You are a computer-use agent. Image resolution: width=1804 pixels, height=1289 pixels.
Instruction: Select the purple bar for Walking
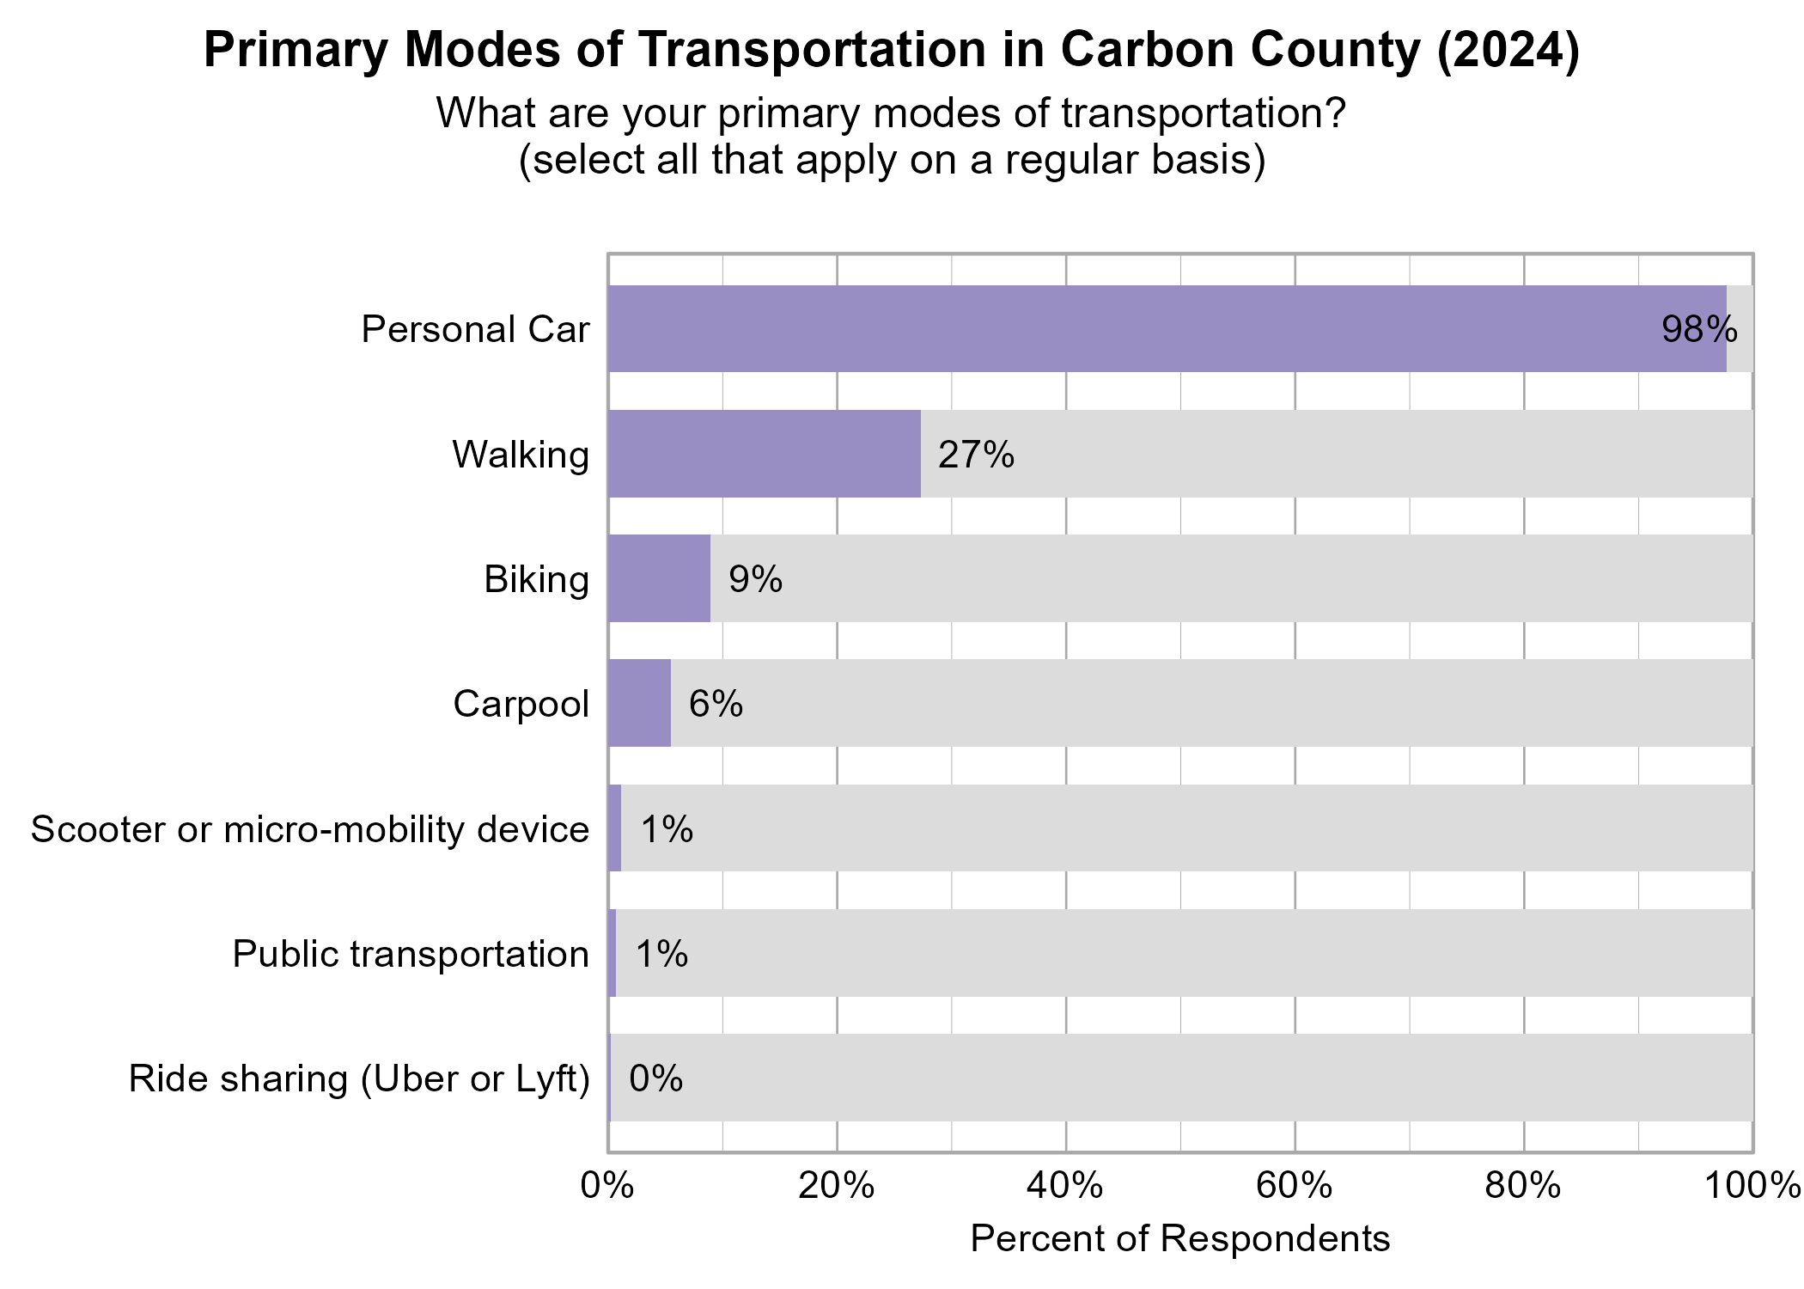pos(764,454)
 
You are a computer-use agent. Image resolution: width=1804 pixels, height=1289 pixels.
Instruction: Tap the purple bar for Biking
pos(659,578)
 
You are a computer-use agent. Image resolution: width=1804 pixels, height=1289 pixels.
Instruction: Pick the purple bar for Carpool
pos(639,703)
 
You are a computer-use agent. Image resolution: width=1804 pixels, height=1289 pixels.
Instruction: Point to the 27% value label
pos(976,455)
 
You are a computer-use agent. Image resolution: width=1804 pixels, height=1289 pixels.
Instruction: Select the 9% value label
pos(755,579)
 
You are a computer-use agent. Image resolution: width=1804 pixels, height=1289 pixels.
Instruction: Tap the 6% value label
pos(716,704)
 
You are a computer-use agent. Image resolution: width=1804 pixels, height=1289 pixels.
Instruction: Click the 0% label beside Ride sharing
pos(655,1078)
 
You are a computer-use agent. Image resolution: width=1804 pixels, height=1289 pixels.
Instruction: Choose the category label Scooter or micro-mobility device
pos(310,829)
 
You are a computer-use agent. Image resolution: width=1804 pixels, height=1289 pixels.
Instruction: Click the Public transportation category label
pos(411,954)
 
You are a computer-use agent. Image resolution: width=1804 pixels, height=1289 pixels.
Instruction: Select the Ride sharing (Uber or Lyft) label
pos(359,1078)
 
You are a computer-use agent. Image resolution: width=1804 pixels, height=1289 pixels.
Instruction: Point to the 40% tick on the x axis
pos(1065,1186)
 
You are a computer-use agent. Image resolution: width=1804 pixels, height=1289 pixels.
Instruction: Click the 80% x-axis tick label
pos(1523,1186)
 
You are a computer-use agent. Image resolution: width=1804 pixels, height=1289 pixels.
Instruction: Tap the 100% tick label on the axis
pos(1752,1186)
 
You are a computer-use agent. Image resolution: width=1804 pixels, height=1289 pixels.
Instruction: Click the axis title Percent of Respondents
pos(1179,1238)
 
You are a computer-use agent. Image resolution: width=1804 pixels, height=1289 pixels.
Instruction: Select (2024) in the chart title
pos(1508,50)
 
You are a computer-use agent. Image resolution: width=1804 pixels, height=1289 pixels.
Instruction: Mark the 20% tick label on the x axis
pos(836,1186)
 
